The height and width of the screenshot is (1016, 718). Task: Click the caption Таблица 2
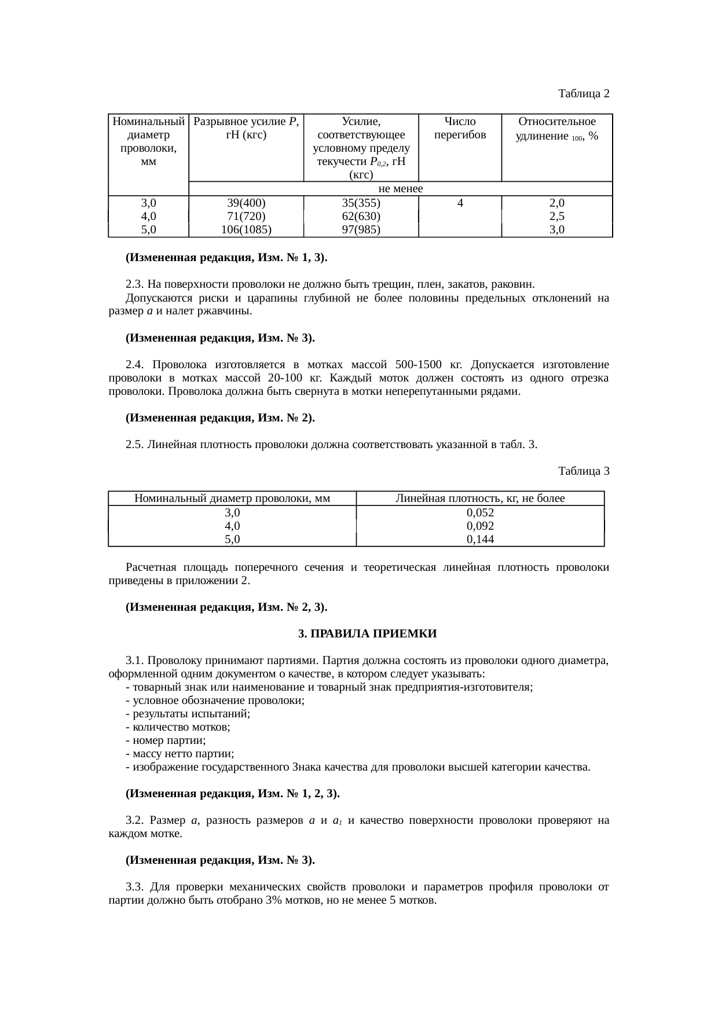(584, 93)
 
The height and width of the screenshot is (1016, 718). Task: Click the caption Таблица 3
(584, 471)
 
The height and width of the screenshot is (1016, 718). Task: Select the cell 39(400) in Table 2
(246, 203)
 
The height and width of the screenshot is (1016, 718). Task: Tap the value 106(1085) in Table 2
(246, 230)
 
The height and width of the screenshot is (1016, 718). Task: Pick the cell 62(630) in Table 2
(361, 217)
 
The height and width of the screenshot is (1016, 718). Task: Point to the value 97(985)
(361, 230)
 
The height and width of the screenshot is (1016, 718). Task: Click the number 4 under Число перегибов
(460, 203)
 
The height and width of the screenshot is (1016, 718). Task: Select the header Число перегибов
(460, 129)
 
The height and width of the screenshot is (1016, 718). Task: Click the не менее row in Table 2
(400, 189)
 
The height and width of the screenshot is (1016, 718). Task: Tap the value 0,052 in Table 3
(480, 513)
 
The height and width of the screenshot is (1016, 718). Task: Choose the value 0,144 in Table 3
(480, 540)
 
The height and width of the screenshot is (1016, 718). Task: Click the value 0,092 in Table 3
(480, 526)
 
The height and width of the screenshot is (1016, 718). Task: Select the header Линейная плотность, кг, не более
(480, 498)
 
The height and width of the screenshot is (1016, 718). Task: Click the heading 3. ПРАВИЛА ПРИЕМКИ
(367, 634)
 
